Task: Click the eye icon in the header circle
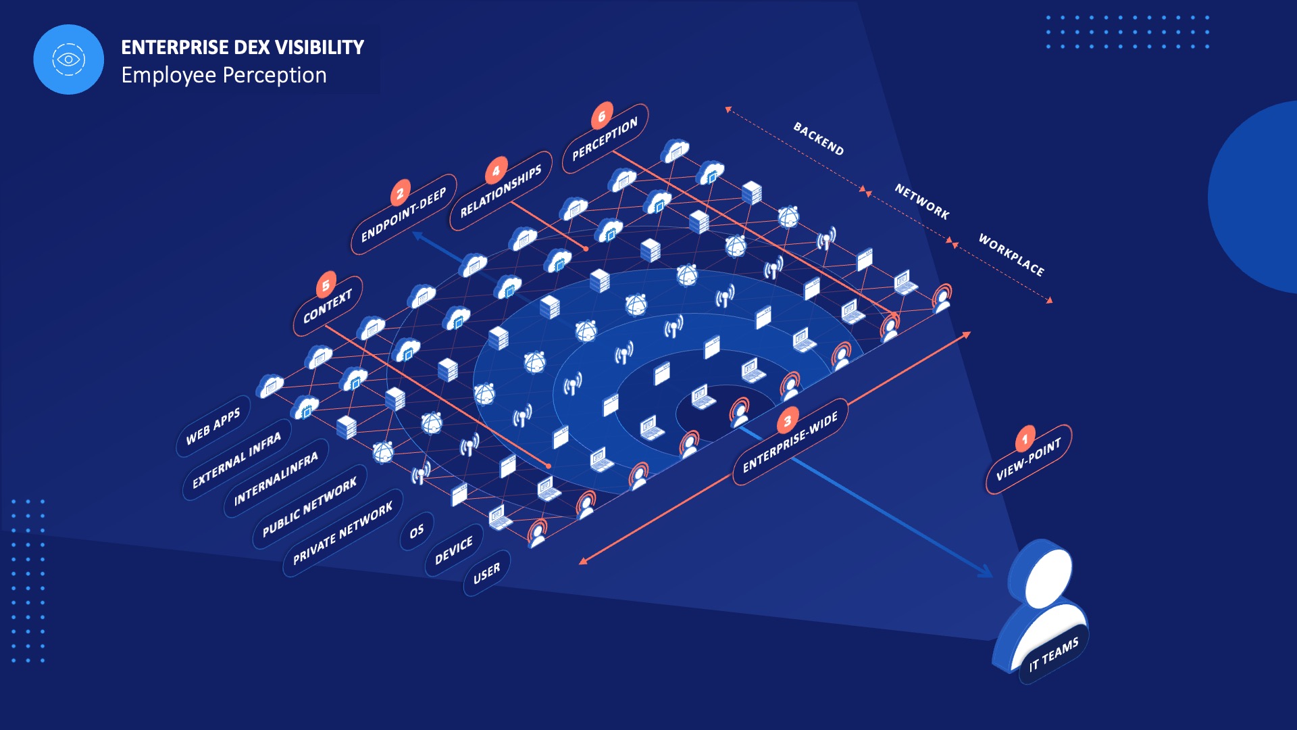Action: tap(68, 59)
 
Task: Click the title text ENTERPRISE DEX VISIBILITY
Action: tap(243, 47)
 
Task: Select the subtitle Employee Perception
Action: tap(224, 75)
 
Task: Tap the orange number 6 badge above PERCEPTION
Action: tap(601, 116)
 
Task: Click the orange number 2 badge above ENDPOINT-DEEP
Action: tap(400, 194)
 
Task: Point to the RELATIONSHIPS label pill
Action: tap(501, 192)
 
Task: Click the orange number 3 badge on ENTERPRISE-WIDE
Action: tap(787, 422)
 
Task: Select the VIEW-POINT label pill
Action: tap(1028, 460)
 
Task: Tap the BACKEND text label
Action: tap(818, 139)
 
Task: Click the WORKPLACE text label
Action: tap(1011, 255)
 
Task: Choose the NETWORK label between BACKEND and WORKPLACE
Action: tap(921, 201)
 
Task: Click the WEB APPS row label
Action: tap(213, 427)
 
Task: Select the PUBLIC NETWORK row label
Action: tap(309, 507)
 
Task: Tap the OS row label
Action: tap(417, 531)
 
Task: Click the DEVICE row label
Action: tap(454, 551)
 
